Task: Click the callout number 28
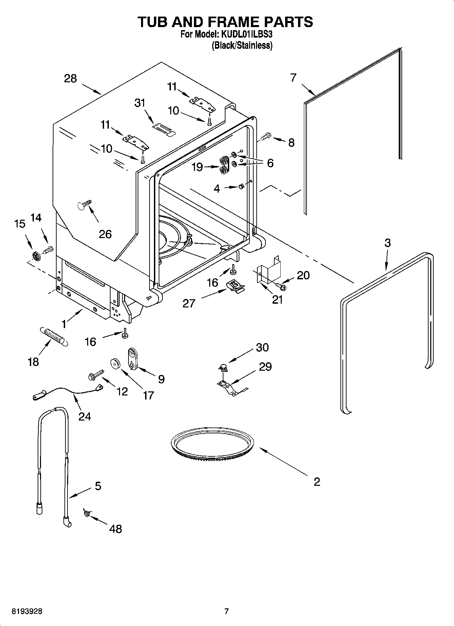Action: (x=71, y=79)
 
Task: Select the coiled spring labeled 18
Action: (x=54, y=336)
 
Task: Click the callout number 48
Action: (x=116, y=528)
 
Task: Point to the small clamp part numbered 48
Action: (x=86, y=514)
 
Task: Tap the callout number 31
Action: (x=140, y=103)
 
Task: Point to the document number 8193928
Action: (x=27, y=612)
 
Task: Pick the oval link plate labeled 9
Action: (x=131, y=360)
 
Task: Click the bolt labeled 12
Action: (x=95, y=375)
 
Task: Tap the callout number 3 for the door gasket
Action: (x=387, y=243)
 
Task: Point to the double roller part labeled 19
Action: (x=224, y=165)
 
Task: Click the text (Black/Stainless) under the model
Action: (x=242, y=45)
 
